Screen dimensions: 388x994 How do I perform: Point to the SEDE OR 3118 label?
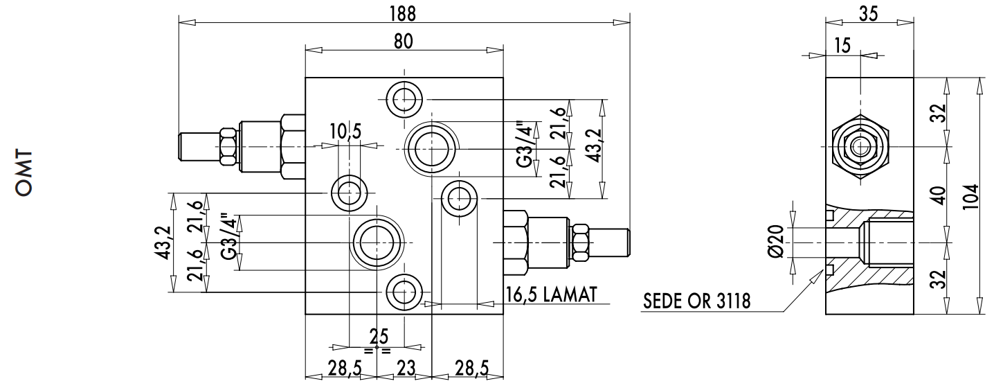click(697, 302)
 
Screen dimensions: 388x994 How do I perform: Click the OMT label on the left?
click(24, 173)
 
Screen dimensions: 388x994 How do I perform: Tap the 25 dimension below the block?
click(378, 337)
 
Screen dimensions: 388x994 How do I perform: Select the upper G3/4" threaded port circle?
click(431, 147)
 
